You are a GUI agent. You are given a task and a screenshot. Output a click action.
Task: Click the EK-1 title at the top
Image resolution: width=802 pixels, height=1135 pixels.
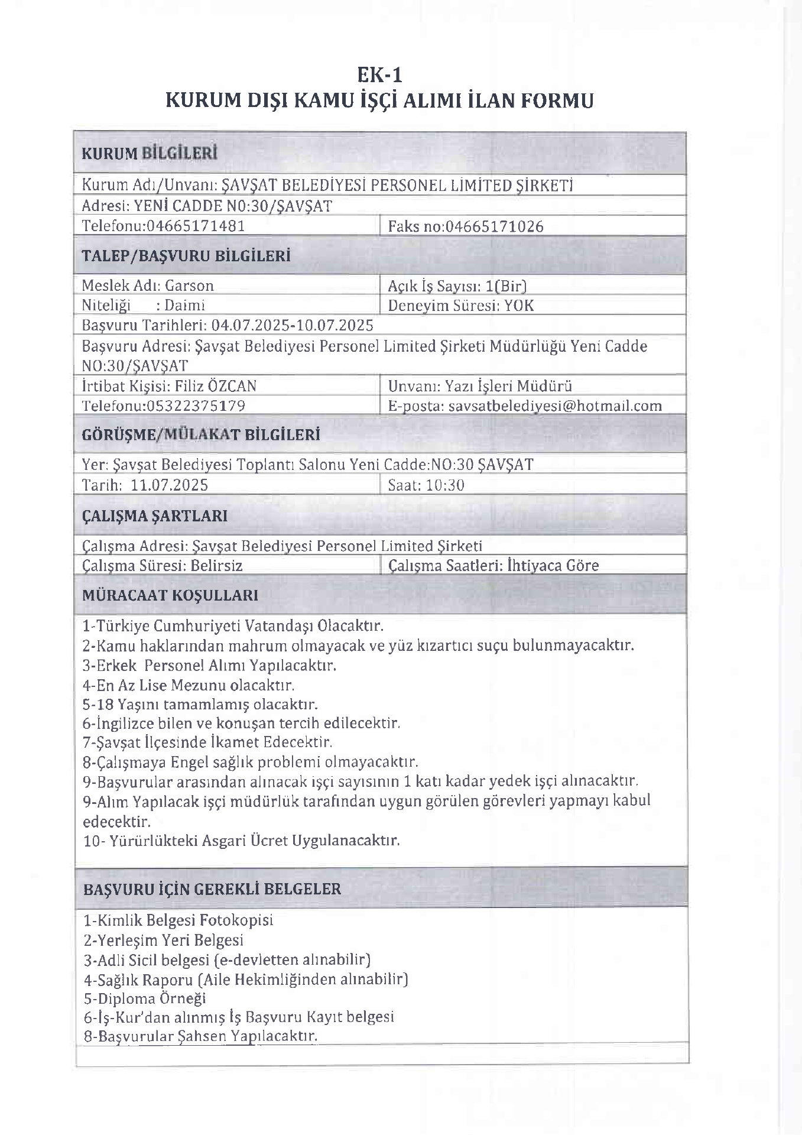point(379,75)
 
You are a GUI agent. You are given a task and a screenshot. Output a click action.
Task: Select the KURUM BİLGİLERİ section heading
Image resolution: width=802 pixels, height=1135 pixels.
point(149,154)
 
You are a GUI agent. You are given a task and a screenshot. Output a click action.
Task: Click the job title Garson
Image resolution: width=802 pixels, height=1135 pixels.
point(189,286)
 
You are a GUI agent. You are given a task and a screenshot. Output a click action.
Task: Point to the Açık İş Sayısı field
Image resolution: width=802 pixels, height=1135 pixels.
point(457,286)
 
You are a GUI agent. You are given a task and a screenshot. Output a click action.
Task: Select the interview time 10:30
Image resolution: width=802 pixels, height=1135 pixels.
point(444,485)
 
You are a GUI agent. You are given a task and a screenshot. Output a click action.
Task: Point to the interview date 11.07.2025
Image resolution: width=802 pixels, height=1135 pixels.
point(169,485)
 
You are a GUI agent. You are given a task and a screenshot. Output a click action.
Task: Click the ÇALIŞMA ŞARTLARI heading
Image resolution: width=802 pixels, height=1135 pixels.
point(154,516)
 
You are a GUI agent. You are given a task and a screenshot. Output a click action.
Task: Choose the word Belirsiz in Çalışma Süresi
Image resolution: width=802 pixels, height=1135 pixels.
point(216,566)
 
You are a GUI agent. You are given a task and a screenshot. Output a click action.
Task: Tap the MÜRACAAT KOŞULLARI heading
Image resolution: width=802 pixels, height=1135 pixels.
point(170,595)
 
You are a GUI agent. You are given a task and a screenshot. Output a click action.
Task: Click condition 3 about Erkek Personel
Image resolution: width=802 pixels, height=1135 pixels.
point(209,666)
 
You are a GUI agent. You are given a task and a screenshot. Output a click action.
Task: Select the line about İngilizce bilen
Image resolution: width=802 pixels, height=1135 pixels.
point(241,723)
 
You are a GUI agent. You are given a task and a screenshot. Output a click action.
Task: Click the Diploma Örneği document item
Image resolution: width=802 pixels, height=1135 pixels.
point(145,998)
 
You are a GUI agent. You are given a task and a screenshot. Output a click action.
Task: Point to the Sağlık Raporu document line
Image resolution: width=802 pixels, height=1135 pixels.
point(246,980)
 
